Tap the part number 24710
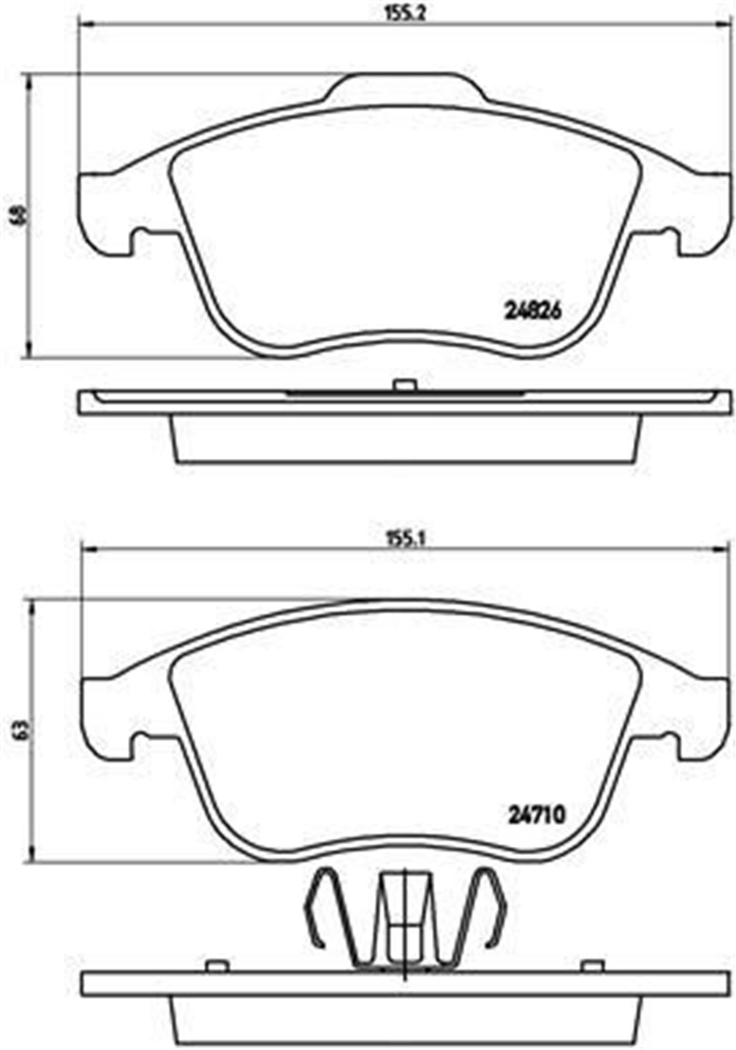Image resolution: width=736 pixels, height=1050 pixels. [x=536, y=814]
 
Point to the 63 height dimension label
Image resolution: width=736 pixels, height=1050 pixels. [x=21, y=729]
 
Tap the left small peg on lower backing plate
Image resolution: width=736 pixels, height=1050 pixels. [x=217, y=967]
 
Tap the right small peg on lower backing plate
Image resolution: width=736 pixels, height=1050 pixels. [x=592, y=967]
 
